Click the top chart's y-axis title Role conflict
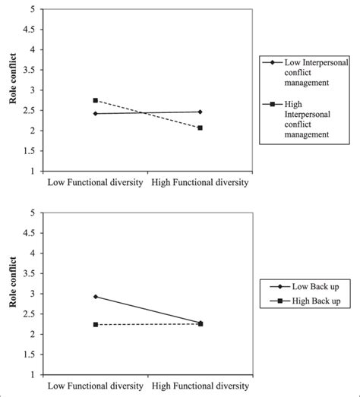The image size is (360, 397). pos(11,90)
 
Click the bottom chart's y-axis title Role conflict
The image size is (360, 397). pos(11,293)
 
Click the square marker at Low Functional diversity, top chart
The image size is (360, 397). pos(96,100)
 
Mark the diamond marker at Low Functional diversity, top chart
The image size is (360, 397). pos(96,114)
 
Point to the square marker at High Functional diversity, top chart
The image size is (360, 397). pos(201,128)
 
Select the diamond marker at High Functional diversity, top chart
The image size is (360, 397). pos(201,112)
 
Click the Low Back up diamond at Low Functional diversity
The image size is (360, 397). pos(96,296)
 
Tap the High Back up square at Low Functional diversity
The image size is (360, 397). pos(96,324)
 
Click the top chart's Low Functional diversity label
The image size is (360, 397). pos(96,182)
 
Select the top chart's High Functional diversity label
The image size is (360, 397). pos(200,182)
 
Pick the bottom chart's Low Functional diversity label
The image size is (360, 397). pos(96,386)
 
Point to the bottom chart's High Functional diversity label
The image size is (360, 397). pos(200,386)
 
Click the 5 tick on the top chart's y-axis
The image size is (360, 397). pos(31,9)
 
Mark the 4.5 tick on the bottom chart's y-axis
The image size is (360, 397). pos(28,233)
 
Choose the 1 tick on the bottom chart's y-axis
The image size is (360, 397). pos(31,374)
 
